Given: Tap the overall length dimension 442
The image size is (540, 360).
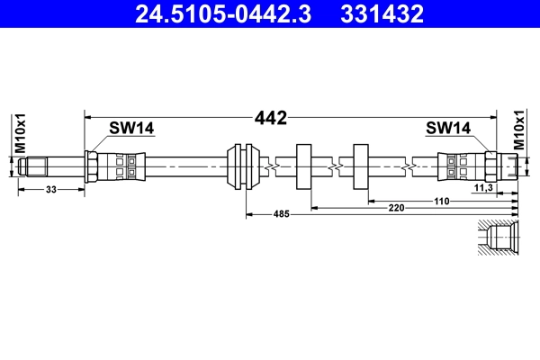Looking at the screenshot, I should (x=271, y=117).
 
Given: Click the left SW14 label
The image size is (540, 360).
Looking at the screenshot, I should (x=131, y=129).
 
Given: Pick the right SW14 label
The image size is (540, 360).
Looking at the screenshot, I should (x=448, y=129).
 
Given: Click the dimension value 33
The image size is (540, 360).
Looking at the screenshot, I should (x=51, y=188).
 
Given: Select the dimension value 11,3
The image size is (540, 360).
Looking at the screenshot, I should (x=483, y=187).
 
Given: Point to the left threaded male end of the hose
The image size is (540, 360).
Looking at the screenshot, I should (x=37, y=166).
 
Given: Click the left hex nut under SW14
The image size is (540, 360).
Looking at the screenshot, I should (x=93, y=166).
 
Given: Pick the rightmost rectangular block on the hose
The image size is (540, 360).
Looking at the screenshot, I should (x=362, y=166).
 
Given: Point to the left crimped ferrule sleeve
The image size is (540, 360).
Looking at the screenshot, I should (x=121, y=166).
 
